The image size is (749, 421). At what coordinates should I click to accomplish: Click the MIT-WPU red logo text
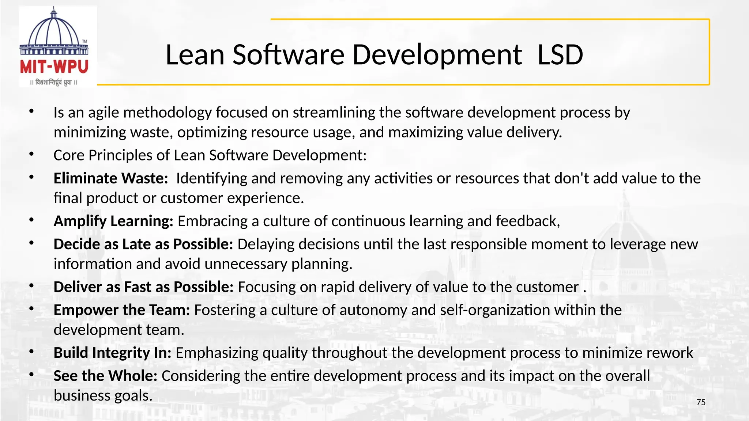(x=54, y=67)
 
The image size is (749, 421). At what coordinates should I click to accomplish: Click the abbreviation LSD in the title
(x=560, y=55)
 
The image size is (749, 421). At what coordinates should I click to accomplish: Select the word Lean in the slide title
(x=195, y=55)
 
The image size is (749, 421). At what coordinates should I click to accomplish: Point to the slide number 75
(x=701, y=402)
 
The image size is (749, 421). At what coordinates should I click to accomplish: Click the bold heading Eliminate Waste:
(x=110, y=178)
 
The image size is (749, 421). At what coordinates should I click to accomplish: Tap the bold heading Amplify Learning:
(x=113, y=221)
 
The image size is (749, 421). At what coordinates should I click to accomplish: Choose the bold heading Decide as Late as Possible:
(x=143, y=244)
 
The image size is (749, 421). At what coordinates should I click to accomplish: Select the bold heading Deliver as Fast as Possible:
(x=143, y=287)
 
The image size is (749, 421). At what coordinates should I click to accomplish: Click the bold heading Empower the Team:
(x=122, y=310)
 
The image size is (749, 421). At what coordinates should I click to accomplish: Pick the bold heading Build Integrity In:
(x=112, y=353)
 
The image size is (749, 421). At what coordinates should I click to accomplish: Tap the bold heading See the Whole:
(x=105, y=376)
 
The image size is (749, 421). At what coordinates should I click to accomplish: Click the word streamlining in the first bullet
(x=334, y=113)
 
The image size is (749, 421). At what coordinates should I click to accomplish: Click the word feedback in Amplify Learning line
(x=527, y=221)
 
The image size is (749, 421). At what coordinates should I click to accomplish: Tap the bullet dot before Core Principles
(x=32, y=154)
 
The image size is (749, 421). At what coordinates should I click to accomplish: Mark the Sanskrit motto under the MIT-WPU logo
(x=54, y=83)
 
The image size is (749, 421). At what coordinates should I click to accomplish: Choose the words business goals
(x=103, y=395)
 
